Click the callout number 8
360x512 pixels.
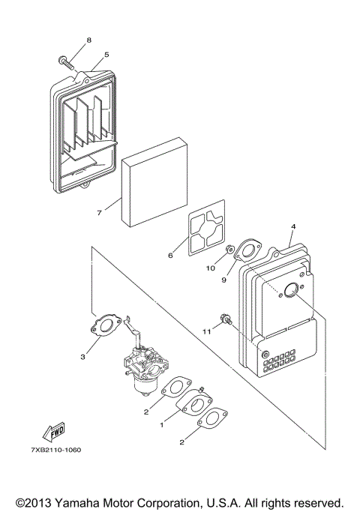(x=88, y=39)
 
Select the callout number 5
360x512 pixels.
(x=106, y=54)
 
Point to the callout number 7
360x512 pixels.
(x=99, y=212)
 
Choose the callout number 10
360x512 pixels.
(x=211, y=267)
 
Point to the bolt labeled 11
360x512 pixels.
(x=226, y=321)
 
